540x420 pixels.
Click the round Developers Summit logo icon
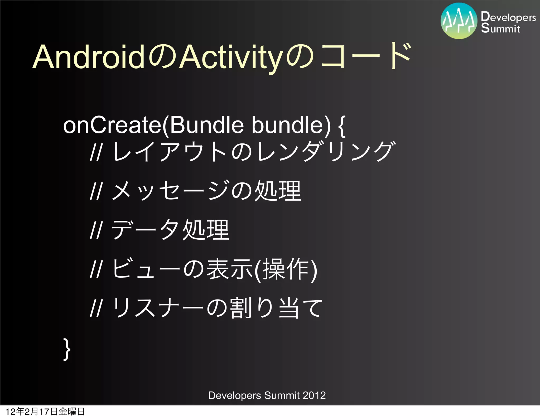coord(459,21)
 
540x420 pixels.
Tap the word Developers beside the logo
coord(508,17)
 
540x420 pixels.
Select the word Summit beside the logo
coord(500,28)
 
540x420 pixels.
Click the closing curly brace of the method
coord(67,349)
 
